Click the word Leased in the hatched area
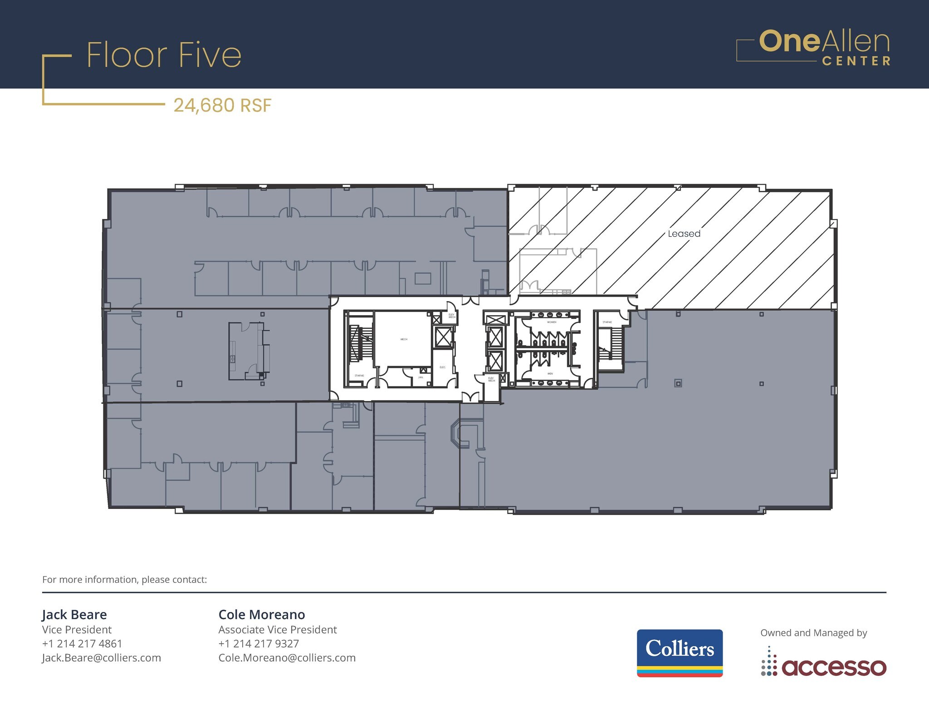(684, 234)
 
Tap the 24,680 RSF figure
(222, 106)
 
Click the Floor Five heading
(164, 55)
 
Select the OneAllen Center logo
(813, 48)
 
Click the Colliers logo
(680, 653)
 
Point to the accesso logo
(824, 667)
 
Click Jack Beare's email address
(102, 658)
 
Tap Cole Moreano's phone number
(259, 644)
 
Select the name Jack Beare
(74, 615)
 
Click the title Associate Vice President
(278, 630)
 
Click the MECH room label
(404, 339)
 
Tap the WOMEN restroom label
(552, 322)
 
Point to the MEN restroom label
(550, 374)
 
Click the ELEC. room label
(443, 367)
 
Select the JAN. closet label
(420, 377)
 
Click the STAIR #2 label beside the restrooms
(607, 322)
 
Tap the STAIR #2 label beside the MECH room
(359, 376)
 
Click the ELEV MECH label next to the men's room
(491, 379)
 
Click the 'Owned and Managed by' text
(813, 633)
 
